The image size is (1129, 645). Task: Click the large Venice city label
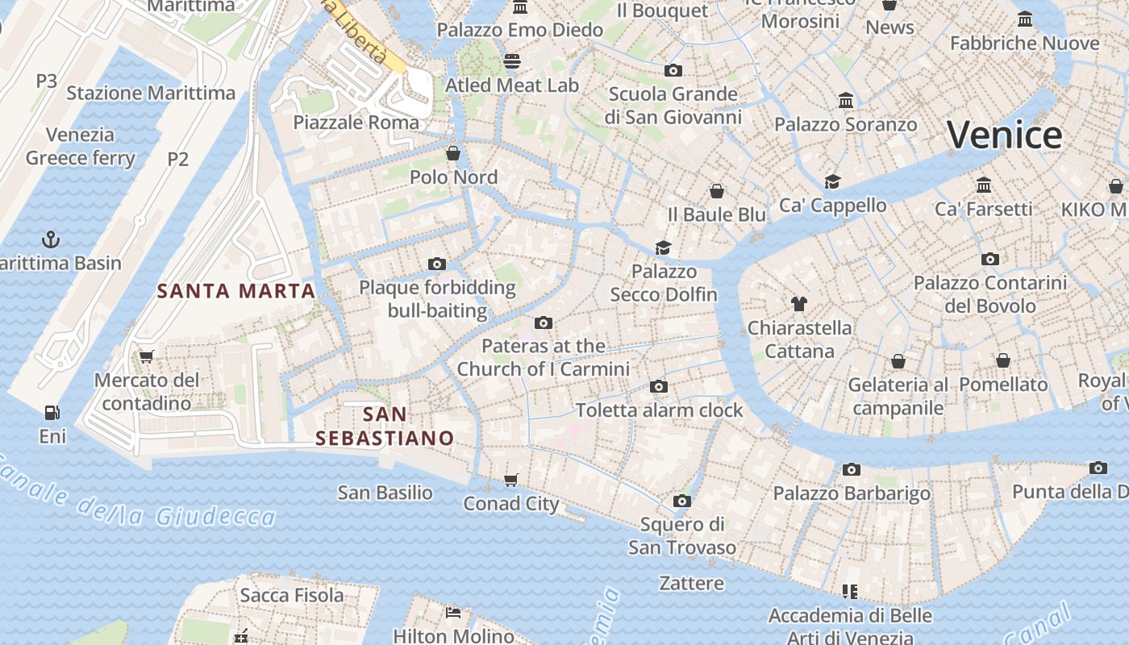click(x=1004, y=135)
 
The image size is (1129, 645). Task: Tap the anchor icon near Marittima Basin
click(x=51, y=239)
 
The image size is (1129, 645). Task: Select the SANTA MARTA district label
click(x=236, y=291)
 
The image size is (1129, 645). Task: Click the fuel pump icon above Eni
click(x=52, y=413)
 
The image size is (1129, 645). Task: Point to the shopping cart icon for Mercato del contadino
click(x=146, y=356)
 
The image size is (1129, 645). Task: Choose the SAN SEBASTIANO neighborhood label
click(x=385, y=427)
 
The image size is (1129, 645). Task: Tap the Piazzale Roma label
click(x=356, y=123)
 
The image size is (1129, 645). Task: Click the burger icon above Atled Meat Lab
click(x=511, y=61)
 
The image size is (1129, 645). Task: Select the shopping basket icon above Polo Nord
click(x=453, y=153)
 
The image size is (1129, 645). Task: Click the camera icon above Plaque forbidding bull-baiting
click(x=436, y=264)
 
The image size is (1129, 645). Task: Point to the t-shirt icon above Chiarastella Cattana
click(x=798, y=304)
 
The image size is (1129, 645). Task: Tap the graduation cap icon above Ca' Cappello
click(x=832, y=182)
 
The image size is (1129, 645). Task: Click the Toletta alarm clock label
click(x=659, y=410)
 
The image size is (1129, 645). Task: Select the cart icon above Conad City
click(x=510, y=481)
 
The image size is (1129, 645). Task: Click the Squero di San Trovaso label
click(x=682, y=536)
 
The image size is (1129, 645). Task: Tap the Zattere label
click(x=691, y=582)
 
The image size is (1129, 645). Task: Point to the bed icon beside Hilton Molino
click(x=453, y=613)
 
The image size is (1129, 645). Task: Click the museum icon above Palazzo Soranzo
click(x=846, y=101)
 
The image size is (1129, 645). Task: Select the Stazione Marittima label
click(x=151, y=93)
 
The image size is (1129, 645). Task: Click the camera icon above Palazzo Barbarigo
click(x=851, y=469)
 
